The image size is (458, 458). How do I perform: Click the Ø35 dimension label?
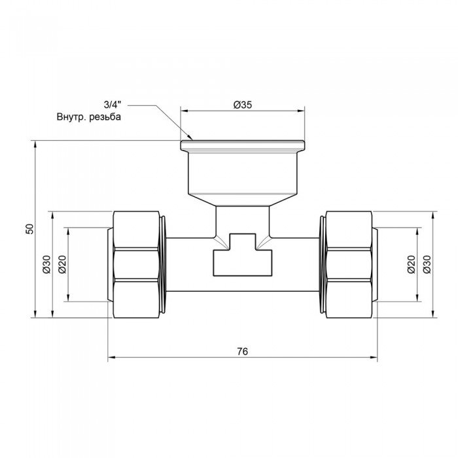tap(243, 105)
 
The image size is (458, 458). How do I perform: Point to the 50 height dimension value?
tap(29, 229)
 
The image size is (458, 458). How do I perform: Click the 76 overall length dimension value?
tap(242, 351)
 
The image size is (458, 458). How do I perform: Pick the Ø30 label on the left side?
tap(46, 264)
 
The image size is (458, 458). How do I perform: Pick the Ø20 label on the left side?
tap(62, 264)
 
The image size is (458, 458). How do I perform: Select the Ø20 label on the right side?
tap(411, 264)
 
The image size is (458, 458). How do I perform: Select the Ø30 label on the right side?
tap(427, 264)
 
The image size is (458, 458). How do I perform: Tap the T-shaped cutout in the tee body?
tap(242, 257)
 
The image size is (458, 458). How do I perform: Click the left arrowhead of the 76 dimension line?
tap(111, 358)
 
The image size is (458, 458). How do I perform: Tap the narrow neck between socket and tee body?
tap(242, 219)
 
